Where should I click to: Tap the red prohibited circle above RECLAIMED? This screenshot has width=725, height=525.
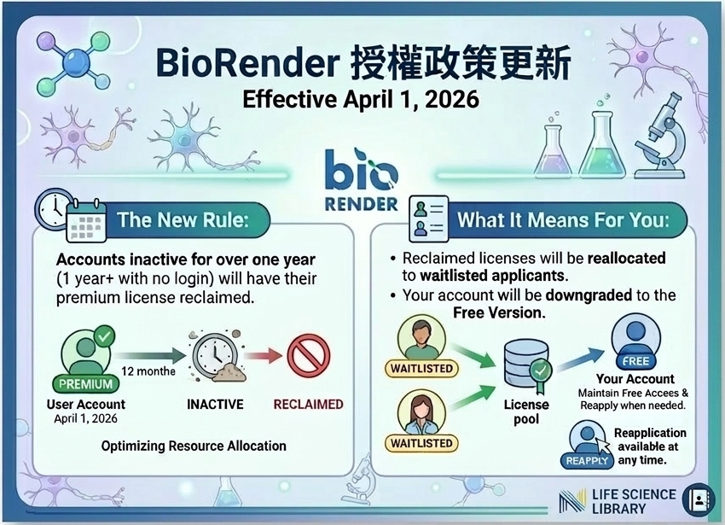point(309,356)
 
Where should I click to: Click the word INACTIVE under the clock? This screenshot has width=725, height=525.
point(215,404)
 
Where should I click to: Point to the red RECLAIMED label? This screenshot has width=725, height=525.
point(308,404)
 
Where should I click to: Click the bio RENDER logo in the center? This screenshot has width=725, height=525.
point(362,179)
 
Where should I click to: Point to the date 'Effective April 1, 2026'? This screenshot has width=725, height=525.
point(361,99)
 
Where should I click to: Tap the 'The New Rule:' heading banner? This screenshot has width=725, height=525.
point(183,220)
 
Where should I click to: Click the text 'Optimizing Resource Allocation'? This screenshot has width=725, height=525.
point(194,446)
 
